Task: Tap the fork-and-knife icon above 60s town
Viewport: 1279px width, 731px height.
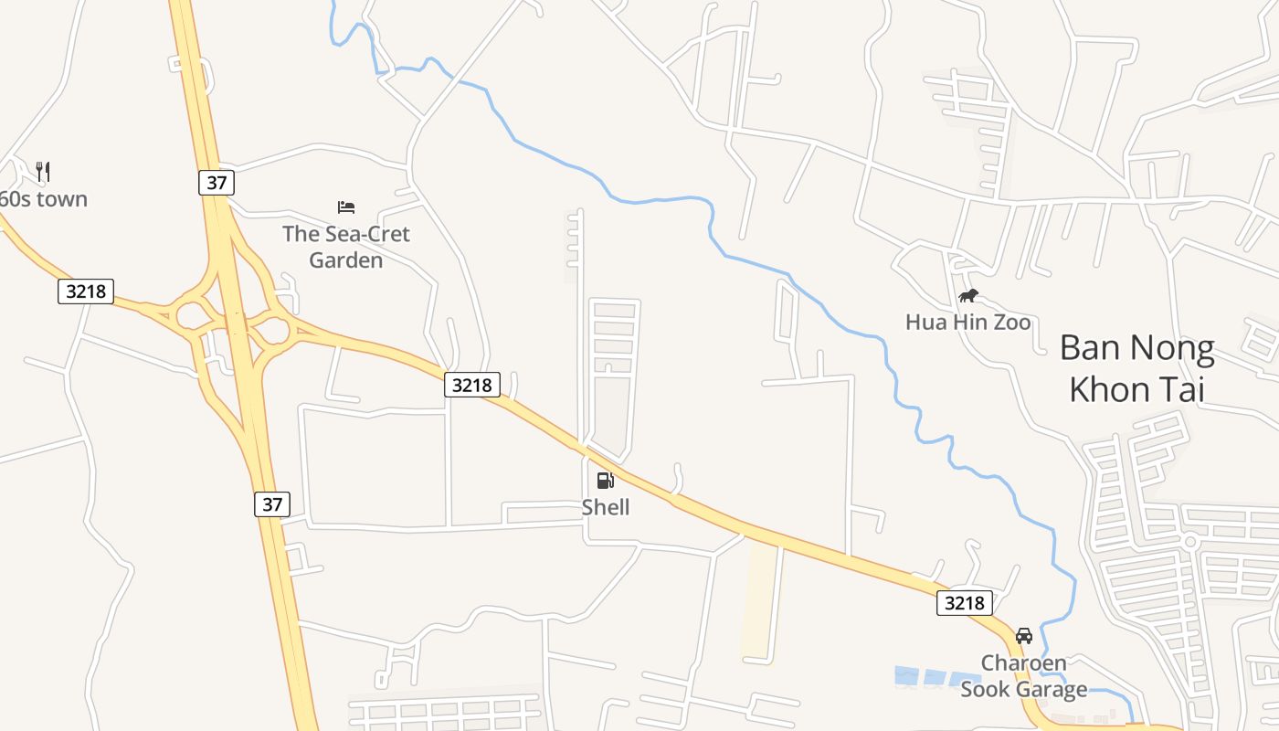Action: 43,171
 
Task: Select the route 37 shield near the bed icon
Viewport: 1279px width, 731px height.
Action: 217,182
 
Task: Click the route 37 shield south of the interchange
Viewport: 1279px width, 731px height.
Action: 272,503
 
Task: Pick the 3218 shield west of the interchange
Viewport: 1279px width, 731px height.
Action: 86,291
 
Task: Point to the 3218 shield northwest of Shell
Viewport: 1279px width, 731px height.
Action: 472,385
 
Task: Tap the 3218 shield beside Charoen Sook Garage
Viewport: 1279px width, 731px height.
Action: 964,602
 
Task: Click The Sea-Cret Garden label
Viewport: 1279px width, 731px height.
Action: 346,247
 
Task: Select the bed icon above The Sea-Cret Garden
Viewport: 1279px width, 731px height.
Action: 346,207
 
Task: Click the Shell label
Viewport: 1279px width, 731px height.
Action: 606,506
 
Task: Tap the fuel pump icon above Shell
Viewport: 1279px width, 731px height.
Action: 605,481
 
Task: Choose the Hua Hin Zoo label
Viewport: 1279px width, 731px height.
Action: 967,322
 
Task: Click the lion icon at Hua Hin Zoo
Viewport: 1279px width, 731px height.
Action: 968,295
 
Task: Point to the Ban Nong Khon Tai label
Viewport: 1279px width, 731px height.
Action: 1137,368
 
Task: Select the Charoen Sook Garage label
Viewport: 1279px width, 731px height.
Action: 1023,676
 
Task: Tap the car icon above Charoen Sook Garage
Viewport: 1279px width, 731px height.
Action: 1024,636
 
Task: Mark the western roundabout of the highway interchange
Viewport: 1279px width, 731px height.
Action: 192,316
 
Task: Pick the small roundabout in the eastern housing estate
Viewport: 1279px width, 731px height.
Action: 1189,542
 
